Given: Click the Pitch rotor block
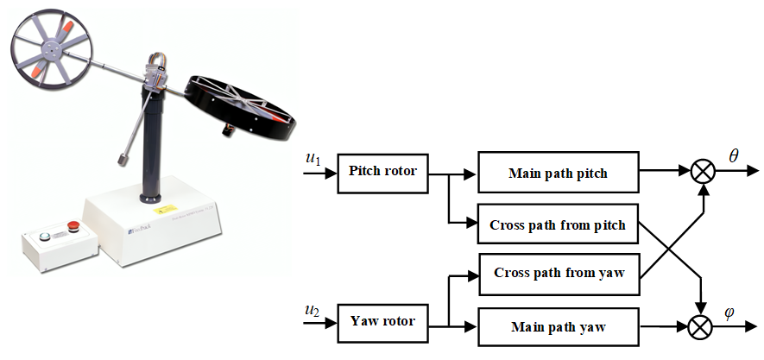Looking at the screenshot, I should coord(382,172).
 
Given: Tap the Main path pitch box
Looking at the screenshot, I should coord(558,173).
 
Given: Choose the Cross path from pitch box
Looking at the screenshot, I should coord(558,226).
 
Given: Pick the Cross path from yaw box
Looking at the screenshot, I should coord(558,274).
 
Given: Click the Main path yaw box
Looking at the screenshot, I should coord(558,327).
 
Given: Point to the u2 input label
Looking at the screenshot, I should coord(313,310).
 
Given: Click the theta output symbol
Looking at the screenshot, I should coord(734,155).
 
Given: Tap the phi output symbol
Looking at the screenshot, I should coord(729,313).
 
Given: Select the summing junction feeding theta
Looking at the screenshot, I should coord(704,172).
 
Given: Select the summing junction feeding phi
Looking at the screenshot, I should coord(704,327).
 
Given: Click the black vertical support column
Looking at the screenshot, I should coord(155,147).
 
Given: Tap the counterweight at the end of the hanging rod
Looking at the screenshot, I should coord(127,161).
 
